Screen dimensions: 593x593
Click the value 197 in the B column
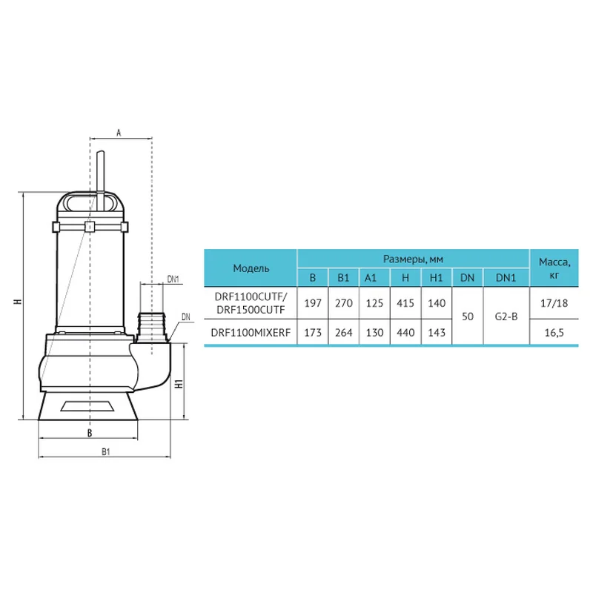[x=312, y=303]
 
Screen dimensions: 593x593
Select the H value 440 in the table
[x=405, y=332]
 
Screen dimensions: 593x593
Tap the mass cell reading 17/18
[x=554, y=303]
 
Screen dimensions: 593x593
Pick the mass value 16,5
[x=554, y=332]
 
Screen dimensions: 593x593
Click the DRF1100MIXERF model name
[x=251, y=332]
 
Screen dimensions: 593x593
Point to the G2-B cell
[x=506, y=317]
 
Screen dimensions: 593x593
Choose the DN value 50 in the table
[x=468, y=317]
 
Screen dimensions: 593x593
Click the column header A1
[x=371, y=278]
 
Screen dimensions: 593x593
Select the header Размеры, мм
[x=413, y=259]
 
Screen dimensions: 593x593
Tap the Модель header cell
[x=251, y=268]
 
